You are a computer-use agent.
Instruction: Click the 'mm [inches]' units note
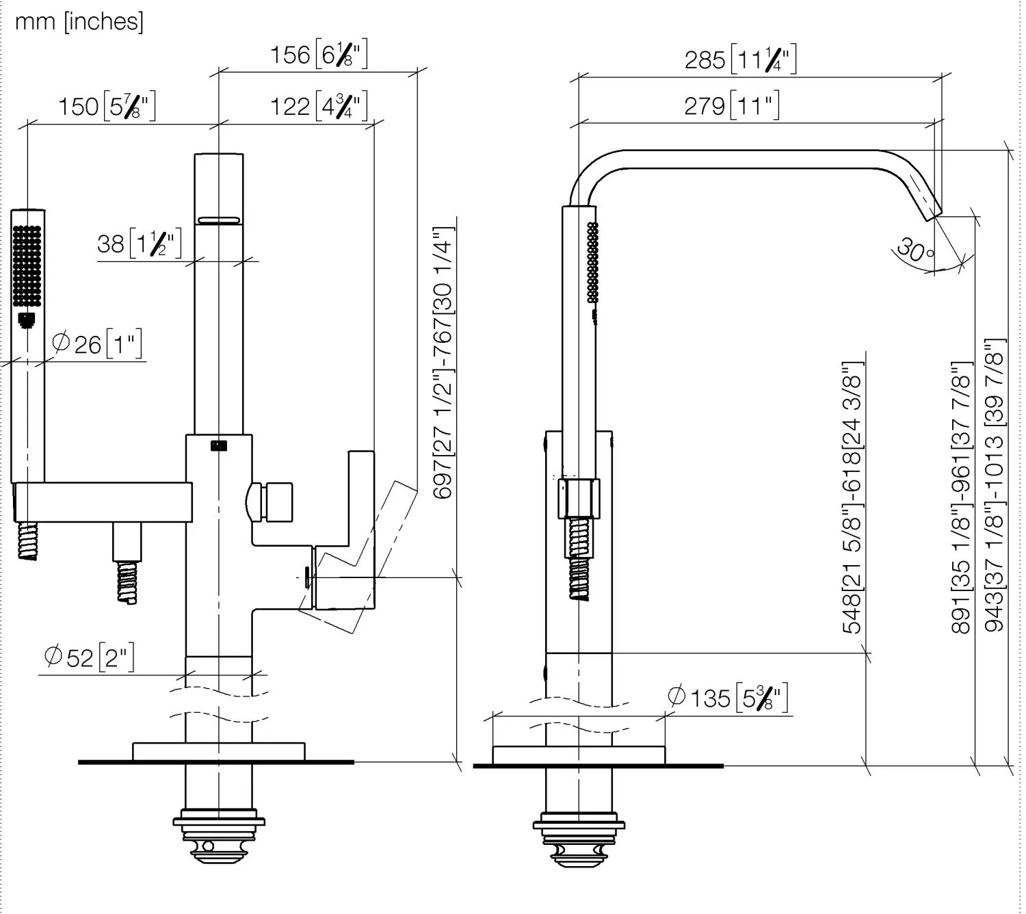[x=79, y=22]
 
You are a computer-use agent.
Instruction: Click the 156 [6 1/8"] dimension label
[x=319, y=55]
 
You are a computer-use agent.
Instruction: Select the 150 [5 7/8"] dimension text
[x=107, y=107]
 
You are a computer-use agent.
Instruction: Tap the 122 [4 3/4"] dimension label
[x=319, y=107]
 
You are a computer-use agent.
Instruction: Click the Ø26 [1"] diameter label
[x=98, y=344]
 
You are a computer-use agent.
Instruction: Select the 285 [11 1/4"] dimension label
[x=740, y=60]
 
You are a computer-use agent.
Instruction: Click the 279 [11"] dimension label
[x=732, y=106]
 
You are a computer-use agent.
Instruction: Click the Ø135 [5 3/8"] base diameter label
[x=728, y=698]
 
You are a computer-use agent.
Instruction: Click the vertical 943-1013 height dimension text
[x=994, y=486]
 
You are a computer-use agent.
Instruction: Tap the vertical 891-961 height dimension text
[x=961, y=499]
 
